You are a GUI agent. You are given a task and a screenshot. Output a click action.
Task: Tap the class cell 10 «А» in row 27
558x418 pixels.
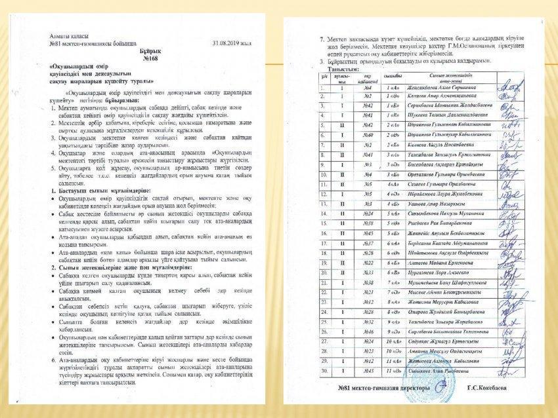coord(393,343)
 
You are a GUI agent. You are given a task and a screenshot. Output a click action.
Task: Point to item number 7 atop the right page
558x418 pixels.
coord(322,39)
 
